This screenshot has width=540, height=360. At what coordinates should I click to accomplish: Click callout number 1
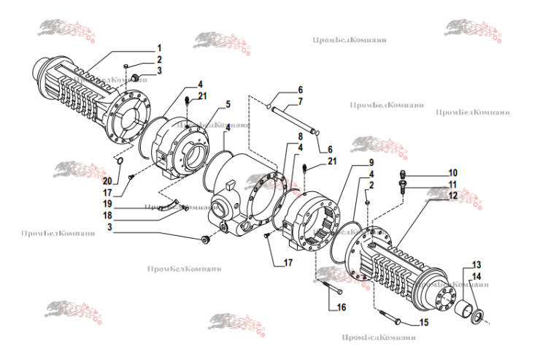pyautogui.click(x=158, y=47)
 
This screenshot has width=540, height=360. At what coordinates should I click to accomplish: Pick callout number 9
pyautogui.click(x=350, y=161)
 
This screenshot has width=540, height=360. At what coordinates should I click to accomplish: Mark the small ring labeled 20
pyautogui.click(x=120, y=160)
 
